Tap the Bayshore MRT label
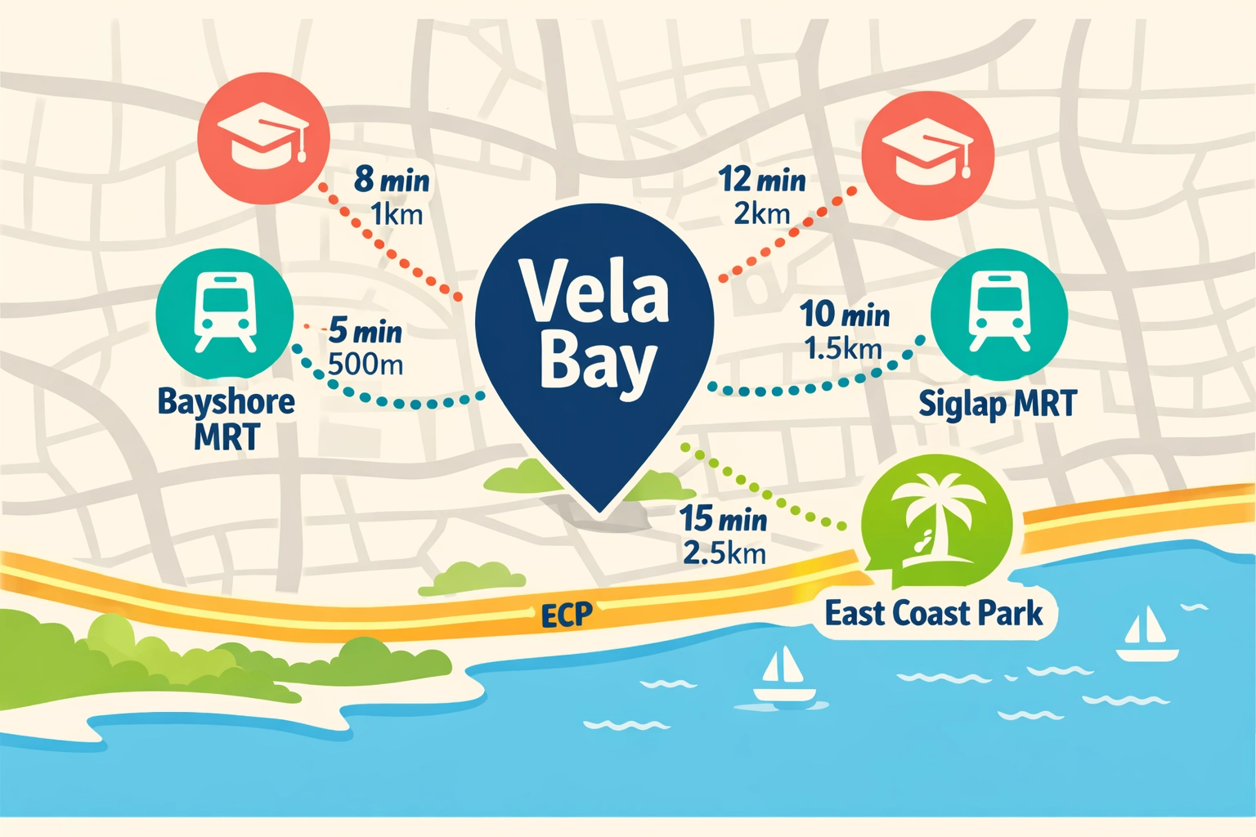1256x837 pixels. (227, 418)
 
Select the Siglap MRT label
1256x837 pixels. (998, 404)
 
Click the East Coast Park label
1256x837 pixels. (934, 614)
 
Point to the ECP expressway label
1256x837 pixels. (566, 615)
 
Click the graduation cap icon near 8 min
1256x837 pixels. (263, 137)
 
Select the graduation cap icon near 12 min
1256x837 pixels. (928, 155)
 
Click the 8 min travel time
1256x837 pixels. (392, 180)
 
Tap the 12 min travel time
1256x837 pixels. (762, 180)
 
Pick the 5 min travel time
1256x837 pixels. (366, 331)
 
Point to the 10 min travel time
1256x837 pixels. (845, 315)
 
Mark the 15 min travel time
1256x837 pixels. (724, 519)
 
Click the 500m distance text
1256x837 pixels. (366, 364)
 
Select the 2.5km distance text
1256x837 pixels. (724, 553)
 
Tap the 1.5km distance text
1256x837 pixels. (843, 349)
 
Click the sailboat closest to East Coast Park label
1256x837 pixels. (783, 675)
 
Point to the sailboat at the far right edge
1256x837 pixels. (1147, 634)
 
